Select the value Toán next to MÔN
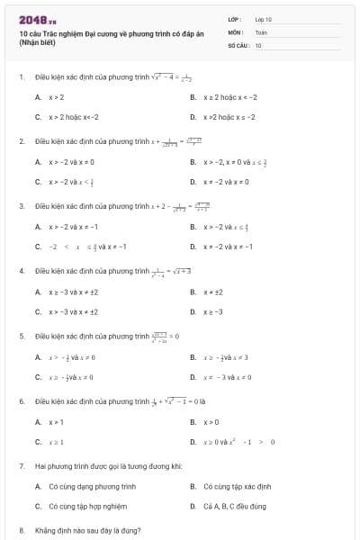point(261,31)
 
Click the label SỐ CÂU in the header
point(237,44)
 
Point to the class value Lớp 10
point(263,19)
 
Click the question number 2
point(22,141)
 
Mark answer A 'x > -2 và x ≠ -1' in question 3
point(73,227)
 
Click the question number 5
point(22,336)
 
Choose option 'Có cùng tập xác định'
point(237,486)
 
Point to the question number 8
point(22,530)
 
